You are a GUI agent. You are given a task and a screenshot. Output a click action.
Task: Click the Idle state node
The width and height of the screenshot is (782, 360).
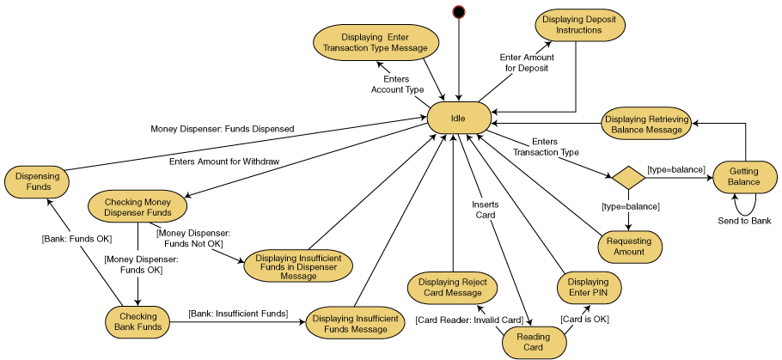pyautogui.click(x=459, y=118)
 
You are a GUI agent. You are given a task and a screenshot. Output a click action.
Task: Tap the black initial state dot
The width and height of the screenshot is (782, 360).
pyautogui.click(x=459, y=12)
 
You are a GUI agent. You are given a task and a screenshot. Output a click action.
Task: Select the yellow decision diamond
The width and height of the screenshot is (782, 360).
pyautogui.click(x=628, y=178)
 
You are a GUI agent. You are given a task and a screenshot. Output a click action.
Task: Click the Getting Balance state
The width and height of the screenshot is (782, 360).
pyautogui.click(x=744, y=176)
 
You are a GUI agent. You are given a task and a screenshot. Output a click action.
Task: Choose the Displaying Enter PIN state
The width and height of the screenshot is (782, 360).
pyautogui.click(x=588, y=288)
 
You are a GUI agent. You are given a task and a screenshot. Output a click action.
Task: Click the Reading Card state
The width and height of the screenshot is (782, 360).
pyautogui.click(x=534, y=343)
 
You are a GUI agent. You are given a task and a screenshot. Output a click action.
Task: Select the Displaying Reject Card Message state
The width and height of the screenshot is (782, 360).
pyautogui.click(x=452, y=288)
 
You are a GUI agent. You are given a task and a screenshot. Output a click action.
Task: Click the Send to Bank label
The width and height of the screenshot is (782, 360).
pyautogui.click(x=744, y=221)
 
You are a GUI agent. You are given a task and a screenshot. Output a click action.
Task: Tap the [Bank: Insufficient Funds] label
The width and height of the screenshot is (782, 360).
pyautogui.click(x=238, y=314)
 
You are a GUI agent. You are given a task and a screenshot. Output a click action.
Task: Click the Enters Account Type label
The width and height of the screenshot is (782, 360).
pyautogui.click(x=397, y=84)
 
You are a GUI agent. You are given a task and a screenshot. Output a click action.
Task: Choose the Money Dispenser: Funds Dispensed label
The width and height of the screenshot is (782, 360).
pyautogui.click(x=223, y=129)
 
